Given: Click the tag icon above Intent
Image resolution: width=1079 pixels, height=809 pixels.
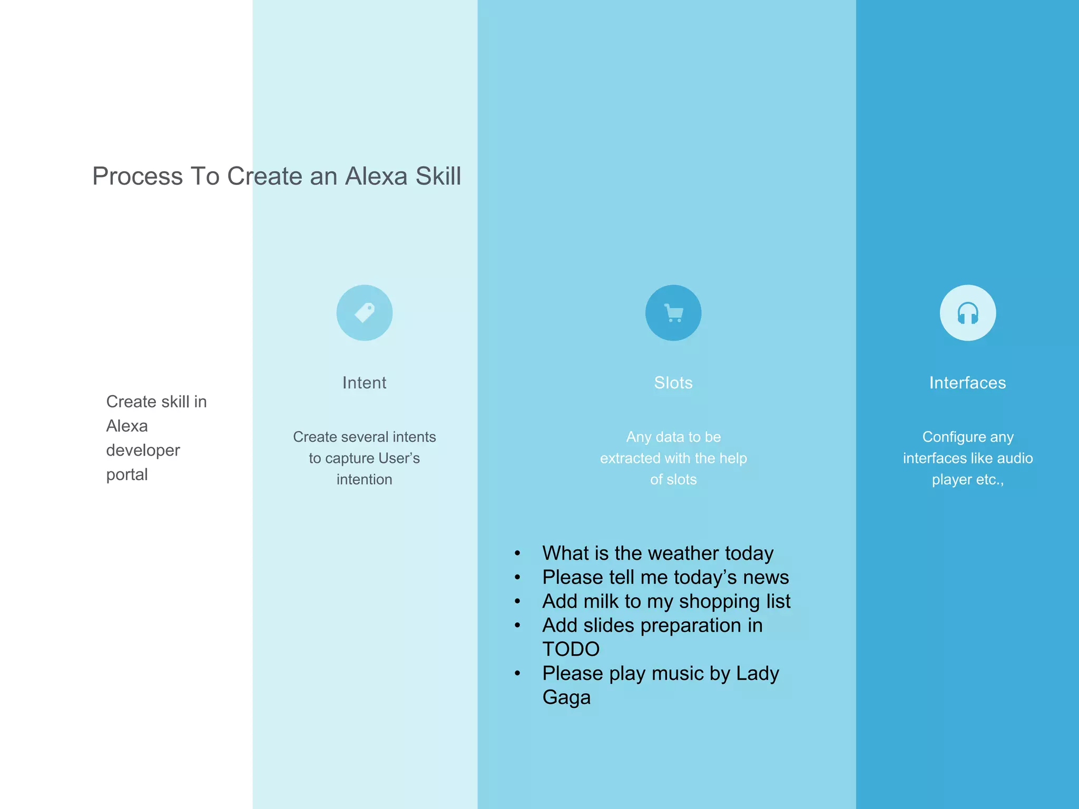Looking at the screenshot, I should pos(365,313).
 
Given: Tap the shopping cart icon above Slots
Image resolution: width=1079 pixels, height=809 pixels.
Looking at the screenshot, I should pos(673,313).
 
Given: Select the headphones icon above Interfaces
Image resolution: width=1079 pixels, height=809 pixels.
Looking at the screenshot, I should pos(968,313).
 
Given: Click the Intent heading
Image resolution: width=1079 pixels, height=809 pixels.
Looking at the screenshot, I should pos(365,382).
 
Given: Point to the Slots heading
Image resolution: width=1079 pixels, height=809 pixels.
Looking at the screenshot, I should pos(673,382).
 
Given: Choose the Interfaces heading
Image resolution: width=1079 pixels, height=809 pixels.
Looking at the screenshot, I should pos(968,382).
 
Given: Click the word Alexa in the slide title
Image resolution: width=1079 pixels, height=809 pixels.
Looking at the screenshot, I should pos(376,176).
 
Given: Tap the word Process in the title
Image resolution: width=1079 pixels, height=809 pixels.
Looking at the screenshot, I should pos(138,176).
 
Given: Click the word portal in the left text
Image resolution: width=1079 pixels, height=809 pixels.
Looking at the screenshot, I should pos(127,475).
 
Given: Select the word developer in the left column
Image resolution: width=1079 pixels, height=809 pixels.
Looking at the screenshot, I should pos(143,450).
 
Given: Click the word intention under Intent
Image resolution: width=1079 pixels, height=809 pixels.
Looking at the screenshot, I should pos(365,479).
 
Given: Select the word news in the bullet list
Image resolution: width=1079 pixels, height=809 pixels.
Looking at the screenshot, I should pos(766,577).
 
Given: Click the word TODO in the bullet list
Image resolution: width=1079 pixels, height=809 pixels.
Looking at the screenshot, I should pos(571,649).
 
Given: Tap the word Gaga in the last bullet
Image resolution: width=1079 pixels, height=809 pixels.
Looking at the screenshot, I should pos(567,697).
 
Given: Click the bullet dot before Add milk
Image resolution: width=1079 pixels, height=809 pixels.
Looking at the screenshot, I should pos(518,601).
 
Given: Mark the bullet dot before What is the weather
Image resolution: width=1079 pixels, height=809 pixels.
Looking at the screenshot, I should pos(518,554).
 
